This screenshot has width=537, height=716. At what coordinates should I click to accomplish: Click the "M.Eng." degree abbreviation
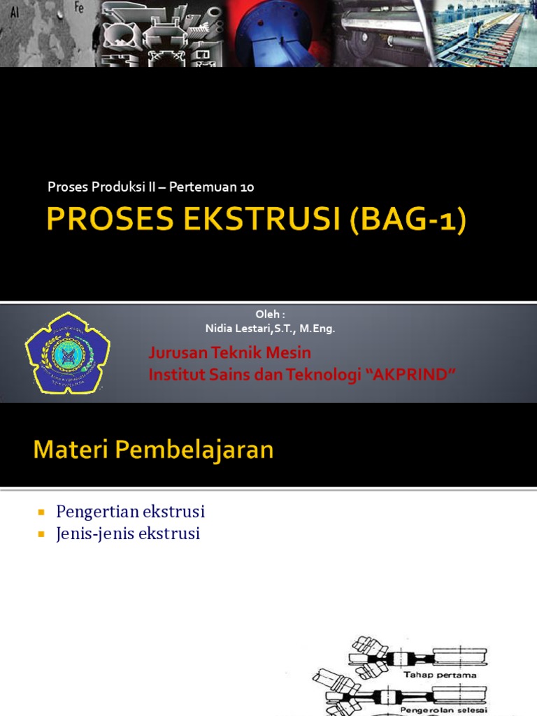317,329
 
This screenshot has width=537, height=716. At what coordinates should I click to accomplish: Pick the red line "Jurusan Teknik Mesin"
230,352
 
